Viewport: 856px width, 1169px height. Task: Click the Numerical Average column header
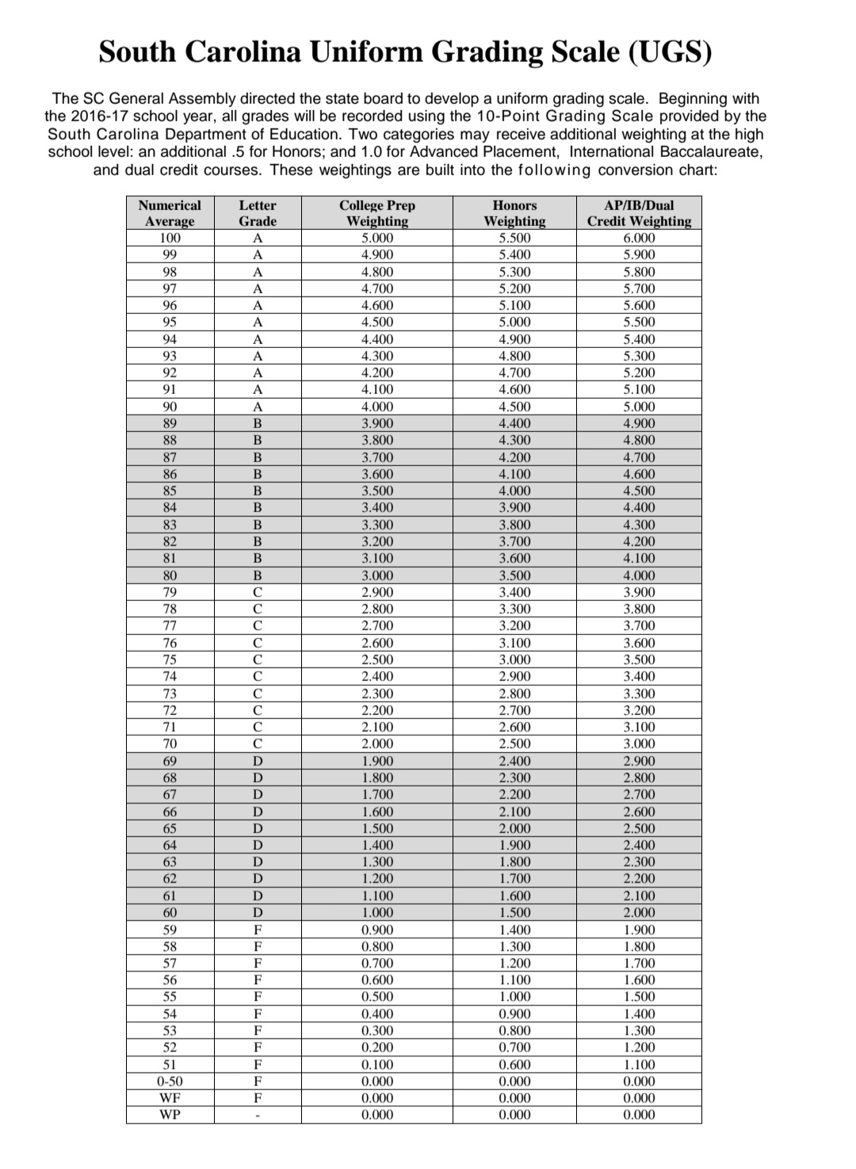pyautogui.click(x=170, y=213)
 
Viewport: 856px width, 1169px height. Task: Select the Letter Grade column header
pyautogui.click(x=258, y=213)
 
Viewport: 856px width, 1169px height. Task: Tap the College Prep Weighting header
pyautogui.click(x=377, y=213)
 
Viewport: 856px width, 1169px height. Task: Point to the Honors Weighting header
pyautogui.click(x=515, y=213)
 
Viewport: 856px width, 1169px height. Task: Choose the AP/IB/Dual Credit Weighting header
pyautogui.click(x=639, y=213)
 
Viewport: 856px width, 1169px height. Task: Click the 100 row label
pyautogui.click(x=170, y=238)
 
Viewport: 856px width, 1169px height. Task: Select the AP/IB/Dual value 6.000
pyautogui.click(x=639, y=238)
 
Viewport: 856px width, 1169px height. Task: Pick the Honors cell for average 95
pyautogui.click(x=515, y=322)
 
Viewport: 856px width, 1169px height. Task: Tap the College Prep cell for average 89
pyautogui.click(x=377, y=423)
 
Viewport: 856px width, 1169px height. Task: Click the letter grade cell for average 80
pyautogui.click(x=258, y=575)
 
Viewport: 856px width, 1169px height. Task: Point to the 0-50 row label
pyautogui.click(x=170, y=1081)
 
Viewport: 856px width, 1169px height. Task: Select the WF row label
pyautogui.click(x=170, y=1098)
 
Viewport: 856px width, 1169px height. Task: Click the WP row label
pyautogui.click(x=170, y=1114)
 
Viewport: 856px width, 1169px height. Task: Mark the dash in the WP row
pyautogui.click(x=258, y=1116)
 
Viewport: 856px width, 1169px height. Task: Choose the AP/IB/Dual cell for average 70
pyautogui.click(x=639, y=743)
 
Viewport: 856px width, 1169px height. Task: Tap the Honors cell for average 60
pyautogui.click(x=515, y=912)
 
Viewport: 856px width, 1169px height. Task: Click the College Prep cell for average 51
pyautogui.click(x=377, y=1064)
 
